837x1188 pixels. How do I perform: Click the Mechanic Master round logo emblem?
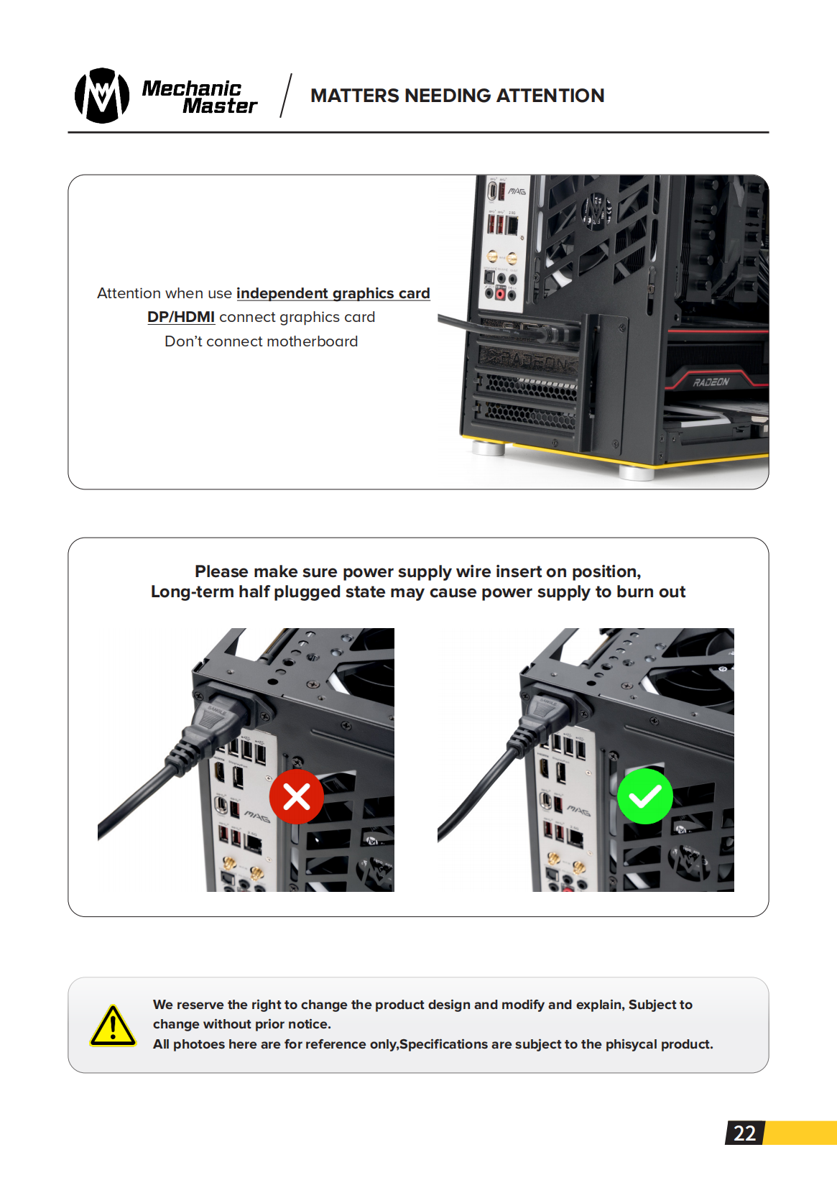tap(102, 96)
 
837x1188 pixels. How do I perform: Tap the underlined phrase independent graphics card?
tap(333, 293)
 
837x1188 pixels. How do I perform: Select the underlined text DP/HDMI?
tap(181, 317)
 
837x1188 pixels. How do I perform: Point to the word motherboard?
tap(314, 341)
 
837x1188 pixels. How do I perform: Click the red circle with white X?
tap(296, 796)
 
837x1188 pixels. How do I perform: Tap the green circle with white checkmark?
tap(645, 796)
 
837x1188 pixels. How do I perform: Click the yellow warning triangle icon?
tap(113, 1026)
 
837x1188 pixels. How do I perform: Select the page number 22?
tap(744, 1133)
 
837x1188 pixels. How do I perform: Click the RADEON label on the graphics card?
tap(711, 382)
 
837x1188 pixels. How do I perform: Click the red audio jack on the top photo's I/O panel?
tap(500, 293)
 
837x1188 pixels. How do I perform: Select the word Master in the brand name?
tap(219, 106)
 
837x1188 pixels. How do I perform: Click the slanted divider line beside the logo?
tap(286, 95)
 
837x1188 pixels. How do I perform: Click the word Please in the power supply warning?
tap(221, 571)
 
